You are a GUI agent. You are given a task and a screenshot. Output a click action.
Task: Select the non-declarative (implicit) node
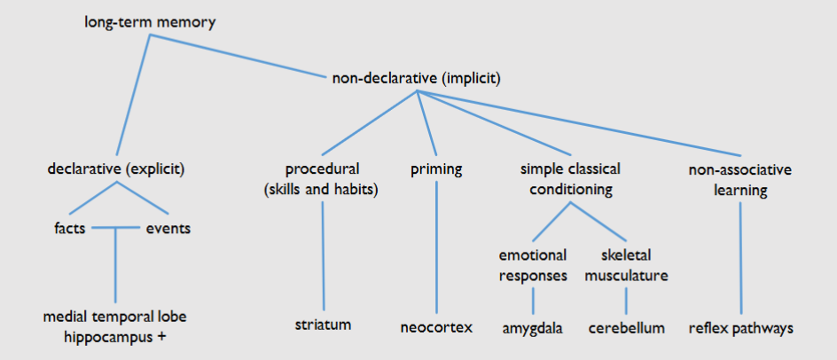coord(417,79)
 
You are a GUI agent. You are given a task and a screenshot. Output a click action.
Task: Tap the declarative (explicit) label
coord(121,168)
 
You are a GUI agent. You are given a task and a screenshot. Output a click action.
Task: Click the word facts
coord(69,229)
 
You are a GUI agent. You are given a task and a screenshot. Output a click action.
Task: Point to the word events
coord(168,229)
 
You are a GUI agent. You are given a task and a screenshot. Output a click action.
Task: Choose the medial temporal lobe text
coord(115,317)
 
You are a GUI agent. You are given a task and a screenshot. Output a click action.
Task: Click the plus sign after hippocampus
coord(164,338)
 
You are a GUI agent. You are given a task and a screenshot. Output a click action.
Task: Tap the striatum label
coord(323,325)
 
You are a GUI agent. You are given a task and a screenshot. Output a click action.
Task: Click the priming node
coord(436,168)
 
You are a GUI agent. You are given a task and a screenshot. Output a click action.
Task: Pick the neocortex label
coord(436,327)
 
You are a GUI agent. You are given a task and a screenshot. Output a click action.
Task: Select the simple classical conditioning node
coord(570,177)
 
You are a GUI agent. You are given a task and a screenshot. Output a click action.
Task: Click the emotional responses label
coord(532,265)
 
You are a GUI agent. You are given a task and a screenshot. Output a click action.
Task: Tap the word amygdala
coord(532,328)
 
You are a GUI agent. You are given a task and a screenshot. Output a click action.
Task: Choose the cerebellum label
coord(627,328)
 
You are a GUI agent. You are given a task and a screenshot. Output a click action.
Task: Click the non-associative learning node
coord(740,177)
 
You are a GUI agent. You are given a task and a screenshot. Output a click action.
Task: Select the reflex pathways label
coord(740,328)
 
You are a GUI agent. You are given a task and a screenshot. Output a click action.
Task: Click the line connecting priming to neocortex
coord(436,248)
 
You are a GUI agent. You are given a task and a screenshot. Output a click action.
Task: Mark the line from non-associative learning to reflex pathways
coord(740,257)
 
